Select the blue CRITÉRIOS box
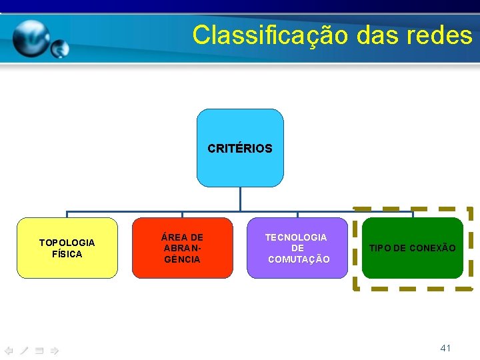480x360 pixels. point(240,148)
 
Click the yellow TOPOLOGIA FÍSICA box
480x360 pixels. point(67,247)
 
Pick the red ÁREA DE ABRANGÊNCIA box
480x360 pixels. point(182,247)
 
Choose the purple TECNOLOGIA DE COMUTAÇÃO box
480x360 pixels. point(297,247)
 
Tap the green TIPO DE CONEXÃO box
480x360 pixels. point(413,247)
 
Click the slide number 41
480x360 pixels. point(446,348)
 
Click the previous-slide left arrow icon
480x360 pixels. point(9,350)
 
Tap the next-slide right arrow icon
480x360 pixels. point(55,350)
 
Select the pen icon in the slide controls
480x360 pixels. point(24,350)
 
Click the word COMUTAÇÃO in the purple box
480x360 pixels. point(299,259)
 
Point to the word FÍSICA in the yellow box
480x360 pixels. point(67,254)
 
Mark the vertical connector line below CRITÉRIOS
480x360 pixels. point(240,199)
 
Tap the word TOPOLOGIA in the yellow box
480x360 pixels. point(67,243)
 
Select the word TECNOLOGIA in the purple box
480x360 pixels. point(297,237)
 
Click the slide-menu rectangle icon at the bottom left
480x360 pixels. point(39,350)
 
